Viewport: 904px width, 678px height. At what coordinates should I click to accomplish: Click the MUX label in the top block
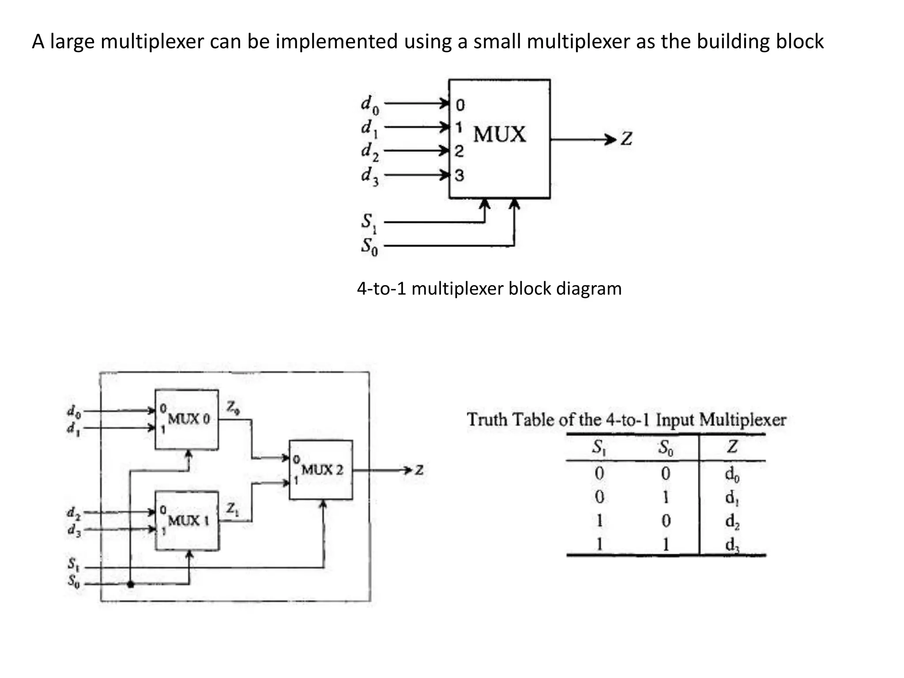[499, 134]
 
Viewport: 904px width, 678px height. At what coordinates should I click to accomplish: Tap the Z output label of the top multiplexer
[626, 139]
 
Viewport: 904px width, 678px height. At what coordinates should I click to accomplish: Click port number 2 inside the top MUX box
[459, 151]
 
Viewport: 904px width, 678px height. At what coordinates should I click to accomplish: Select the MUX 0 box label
[189, 418]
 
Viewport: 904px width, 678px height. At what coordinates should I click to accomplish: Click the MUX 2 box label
[322, 470]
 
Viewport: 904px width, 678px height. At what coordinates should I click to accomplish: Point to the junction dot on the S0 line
[130, 584]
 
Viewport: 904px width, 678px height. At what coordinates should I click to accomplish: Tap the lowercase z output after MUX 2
[419, 470]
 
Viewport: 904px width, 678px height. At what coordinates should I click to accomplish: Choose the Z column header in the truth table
[732, 447]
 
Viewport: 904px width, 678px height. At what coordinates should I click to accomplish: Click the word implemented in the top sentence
[337, 41]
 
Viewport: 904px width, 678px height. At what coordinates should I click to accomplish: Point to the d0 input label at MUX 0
[74, 411]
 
